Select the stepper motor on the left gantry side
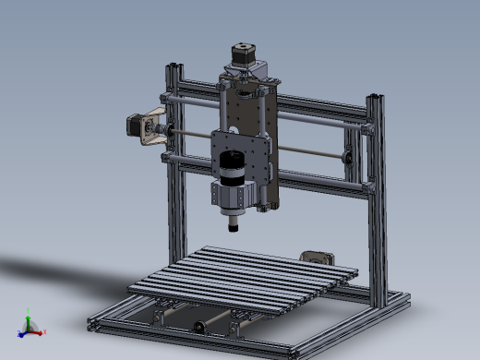(x=138, y=126)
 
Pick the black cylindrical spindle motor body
(x=230, y=166)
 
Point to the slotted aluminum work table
(x=244, y=273)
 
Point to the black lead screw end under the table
(x=198, y=327)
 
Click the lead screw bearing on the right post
(x=351, y=157)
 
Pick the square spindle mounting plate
(x=242, y=152)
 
